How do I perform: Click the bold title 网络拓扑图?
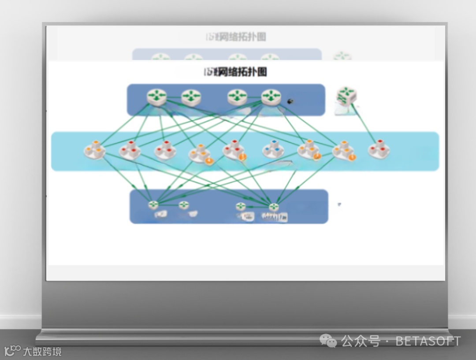242,72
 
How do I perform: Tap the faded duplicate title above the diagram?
242,37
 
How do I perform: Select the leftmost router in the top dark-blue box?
157,96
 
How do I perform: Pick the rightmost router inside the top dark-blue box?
271,96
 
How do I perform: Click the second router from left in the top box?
191,96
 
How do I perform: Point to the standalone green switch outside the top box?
346,96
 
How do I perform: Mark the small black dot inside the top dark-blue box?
290,101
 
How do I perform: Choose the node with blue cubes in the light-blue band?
273,150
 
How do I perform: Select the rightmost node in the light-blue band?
379,150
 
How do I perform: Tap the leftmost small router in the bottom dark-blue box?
153,204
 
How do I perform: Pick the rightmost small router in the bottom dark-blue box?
274,206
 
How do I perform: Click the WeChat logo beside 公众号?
328,341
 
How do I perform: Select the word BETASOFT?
428,341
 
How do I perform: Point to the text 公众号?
360,341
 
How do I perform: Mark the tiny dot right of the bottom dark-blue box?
339,204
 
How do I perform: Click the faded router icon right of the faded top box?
342,56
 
